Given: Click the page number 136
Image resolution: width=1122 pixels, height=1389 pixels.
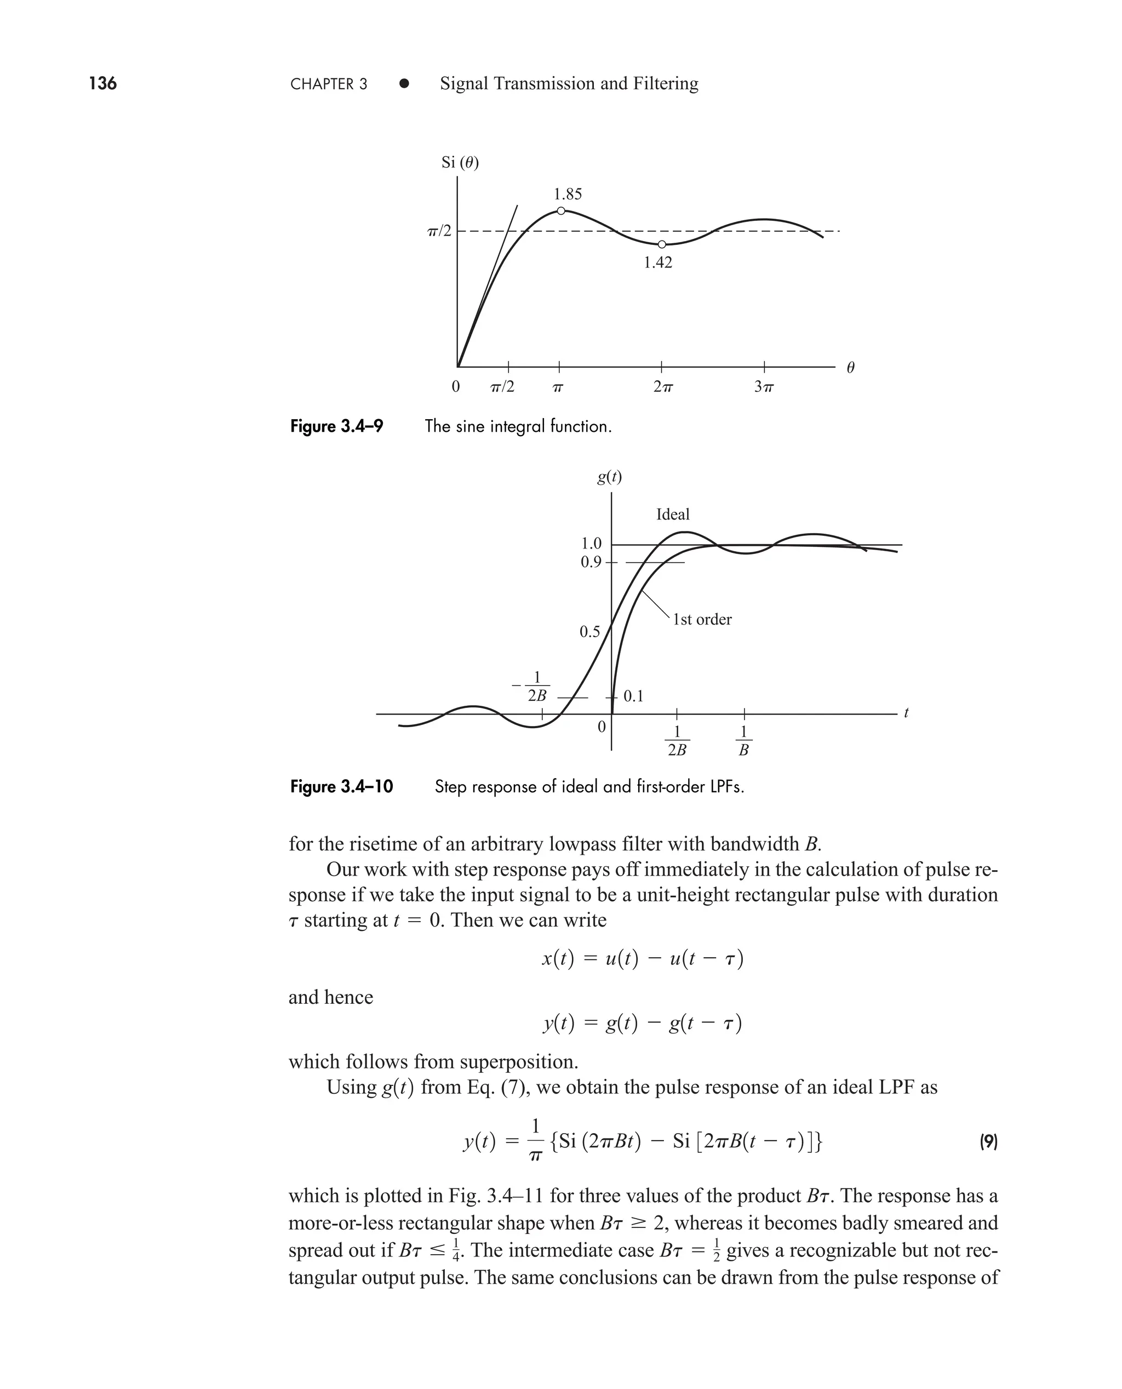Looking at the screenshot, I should tap(103, 83).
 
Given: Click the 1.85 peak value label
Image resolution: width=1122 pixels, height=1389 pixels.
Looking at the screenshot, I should tap(568, 194).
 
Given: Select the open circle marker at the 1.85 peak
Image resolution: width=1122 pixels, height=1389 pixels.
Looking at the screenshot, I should tap(561, 211).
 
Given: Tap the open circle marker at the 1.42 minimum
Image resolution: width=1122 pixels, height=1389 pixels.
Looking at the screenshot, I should tap(661, 244).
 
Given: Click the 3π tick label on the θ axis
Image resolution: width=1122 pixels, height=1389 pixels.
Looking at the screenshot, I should tap(764, 387).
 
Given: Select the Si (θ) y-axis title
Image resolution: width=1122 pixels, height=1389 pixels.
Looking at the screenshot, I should tap(460, 162).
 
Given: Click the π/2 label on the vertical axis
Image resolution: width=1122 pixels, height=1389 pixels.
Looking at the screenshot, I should tap(439, 231).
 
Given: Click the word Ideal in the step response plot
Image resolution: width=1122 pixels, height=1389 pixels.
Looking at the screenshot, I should tap(673, 515).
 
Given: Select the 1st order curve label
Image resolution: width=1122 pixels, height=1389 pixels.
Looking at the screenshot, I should tap(702, 619).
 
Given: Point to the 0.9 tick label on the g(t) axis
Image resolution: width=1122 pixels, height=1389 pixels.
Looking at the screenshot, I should tap(590, 562).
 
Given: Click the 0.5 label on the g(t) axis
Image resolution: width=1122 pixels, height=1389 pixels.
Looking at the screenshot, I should tap(589, 631).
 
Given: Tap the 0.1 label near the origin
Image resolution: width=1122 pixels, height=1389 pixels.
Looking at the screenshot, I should tap(633, 696).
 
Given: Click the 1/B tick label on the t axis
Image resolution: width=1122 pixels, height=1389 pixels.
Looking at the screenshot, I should tap(743, 741).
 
